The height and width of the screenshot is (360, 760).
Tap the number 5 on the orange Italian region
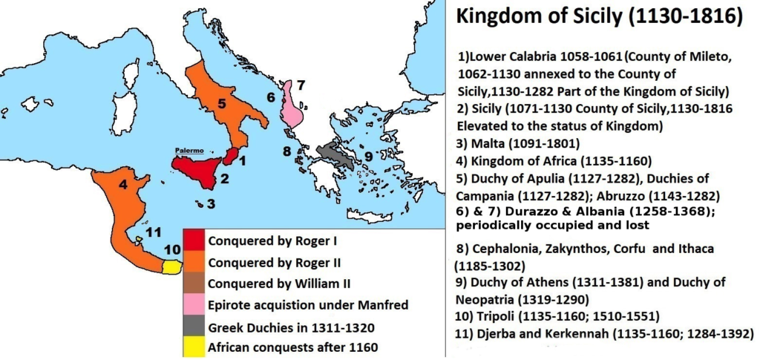222,104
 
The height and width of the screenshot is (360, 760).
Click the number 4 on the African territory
123,183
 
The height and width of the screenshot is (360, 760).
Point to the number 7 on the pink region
301,86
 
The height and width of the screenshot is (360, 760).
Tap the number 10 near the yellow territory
171,249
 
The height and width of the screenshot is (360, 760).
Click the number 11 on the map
153,232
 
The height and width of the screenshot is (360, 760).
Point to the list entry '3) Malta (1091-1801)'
508,143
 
